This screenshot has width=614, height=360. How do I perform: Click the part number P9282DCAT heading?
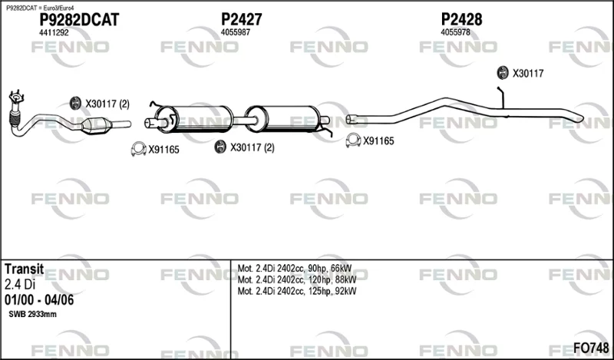(79, 20)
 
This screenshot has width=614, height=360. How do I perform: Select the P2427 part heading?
(242, 19)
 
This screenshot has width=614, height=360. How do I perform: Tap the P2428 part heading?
(462, 19)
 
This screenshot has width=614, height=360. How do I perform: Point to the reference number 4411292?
(54, 33)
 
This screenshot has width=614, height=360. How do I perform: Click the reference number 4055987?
(236, 32)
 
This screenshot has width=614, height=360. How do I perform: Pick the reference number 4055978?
(455, 32)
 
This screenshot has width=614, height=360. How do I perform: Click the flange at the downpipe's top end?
(16, 97)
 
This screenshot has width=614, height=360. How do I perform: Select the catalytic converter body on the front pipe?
(96, 126)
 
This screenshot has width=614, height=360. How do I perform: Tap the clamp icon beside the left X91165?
(139, 149)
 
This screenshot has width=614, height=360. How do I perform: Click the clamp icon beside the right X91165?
(353, 140)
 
